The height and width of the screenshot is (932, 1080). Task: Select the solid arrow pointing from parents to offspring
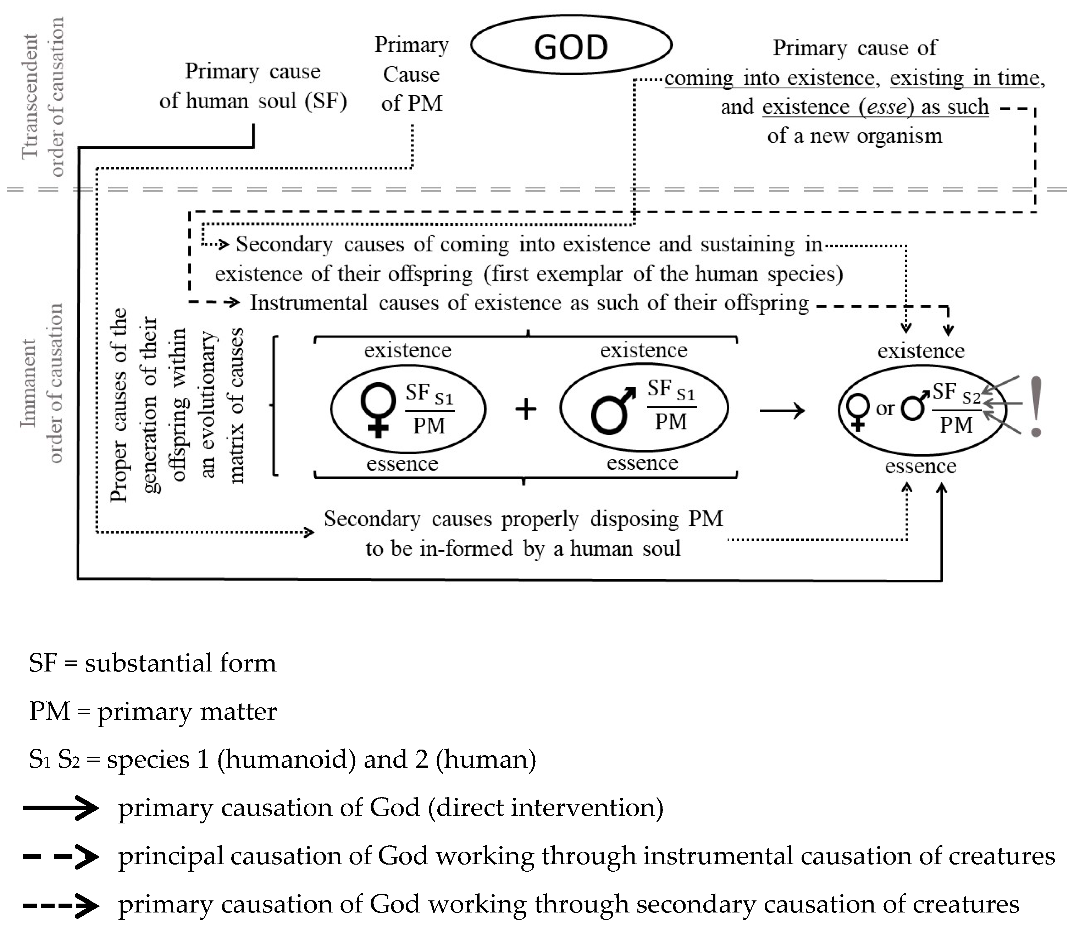coord(782,411)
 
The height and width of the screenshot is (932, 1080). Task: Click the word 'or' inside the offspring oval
coord(885,409)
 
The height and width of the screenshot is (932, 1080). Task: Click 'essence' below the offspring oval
coord(920,466)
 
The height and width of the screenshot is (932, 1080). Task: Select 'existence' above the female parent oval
coord(408,350)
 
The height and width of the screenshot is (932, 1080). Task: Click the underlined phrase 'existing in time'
coord(964,78)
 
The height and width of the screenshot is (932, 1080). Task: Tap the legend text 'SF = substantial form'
coord(152,663)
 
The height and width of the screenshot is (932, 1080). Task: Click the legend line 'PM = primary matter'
coord(152,711)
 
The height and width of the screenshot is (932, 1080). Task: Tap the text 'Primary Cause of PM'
coord(411,74)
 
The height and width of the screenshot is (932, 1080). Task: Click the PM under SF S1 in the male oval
coord(671,421)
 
